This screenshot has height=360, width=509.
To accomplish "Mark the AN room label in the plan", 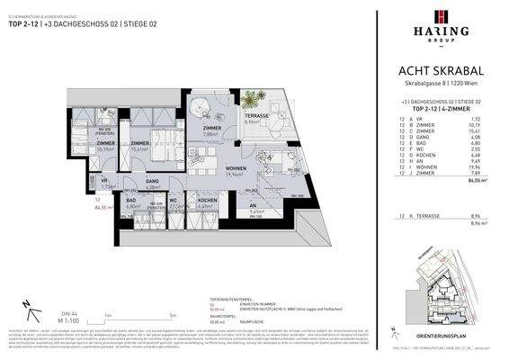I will click(x=251, y=208).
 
